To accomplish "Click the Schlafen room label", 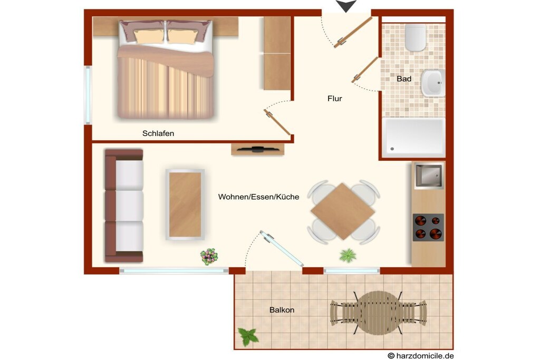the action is [158, 133].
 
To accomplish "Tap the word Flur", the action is [335, 99].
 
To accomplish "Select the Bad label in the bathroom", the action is [404, 79].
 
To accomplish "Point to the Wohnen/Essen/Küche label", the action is [258, 197].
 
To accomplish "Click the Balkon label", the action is [282, 310].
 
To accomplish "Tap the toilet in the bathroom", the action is [416, 37].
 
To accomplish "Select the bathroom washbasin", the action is [433, 83].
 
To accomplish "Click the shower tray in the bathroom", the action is [414, 137].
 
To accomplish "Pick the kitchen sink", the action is [429, 176].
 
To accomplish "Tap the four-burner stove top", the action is [428, 227].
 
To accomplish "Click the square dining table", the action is [343, 211].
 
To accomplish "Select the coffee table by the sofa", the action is [185, 205].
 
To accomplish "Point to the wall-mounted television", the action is [258, 149].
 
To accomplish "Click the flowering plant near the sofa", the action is [209, 256].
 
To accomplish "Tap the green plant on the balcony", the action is [248, 337].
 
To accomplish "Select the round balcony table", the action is [378, 313].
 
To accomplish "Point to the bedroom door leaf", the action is [277, 122].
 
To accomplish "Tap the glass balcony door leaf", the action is [282, 248].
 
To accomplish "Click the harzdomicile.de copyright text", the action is [421, 356].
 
